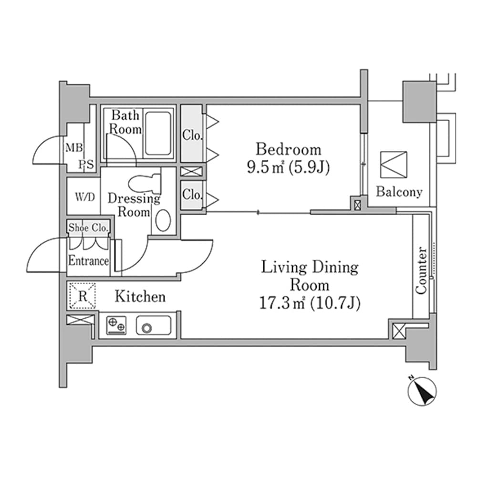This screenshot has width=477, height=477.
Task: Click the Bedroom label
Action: (288, 149)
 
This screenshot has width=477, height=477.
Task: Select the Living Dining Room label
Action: (310, 276)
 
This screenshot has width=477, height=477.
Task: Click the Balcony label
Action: (399, 192)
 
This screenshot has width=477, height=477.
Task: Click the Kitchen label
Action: (140, 297)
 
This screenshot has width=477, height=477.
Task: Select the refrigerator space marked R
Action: (83, 296)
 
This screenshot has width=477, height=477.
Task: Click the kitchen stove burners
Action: (116, 326)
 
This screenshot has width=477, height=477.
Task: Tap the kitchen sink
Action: (154, 326)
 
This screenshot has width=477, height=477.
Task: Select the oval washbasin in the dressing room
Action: (163, 220)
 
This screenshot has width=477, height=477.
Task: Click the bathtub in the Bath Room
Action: (158, 134)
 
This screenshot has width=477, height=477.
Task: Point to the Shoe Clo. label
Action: (89, 228)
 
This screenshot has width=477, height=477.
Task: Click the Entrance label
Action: (88, 261)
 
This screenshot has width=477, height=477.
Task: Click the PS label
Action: (86, 165)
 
